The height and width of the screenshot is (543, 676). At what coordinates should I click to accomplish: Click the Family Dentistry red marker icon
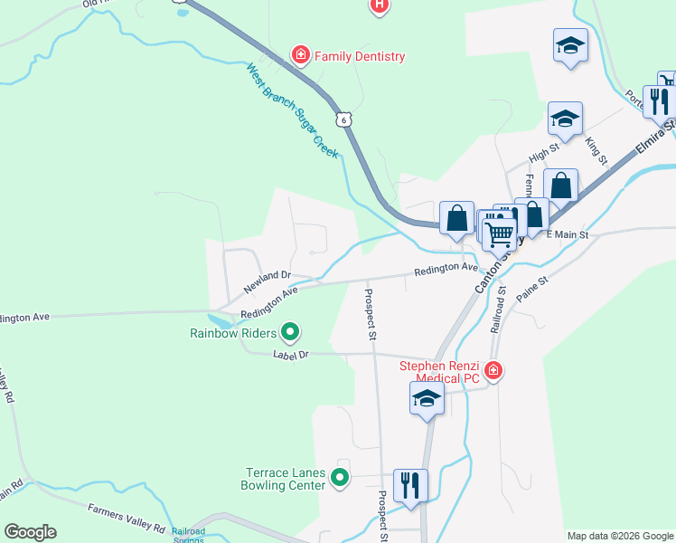[299, 56]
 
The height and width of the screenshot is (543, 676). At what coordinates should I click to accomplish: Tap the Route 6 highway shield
[341, 119]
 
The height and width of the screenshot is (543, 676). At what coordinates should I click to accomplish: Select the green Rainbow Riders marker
[289, 333]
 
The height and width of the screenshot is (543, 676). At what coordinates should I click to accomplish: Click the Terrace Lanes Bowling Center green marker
[340, 477]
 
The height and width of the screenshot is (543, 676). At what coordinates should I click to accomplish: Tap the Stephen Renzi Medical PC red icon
[493, 369]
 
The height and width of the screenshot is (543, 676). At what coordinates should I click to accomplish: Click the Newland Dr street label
[267, 281]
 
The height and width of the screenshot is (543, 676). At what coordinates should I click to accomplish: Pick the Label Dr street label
[291, 356]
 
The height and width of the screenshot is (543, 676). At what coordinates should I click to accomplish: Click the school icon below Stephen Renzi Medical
[427, 397]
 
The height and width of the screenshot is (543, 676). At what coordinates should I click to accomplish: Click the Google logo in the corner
[30, 532]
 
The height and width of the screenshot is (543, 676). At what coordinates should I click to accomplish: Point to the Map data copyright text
[620, 536]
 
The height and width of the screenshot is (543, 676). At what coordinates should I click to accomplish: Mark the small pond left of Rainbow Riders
[220, 320]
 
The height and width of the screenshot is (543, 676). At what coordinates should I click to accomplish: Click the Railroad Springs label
[189, 534]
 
